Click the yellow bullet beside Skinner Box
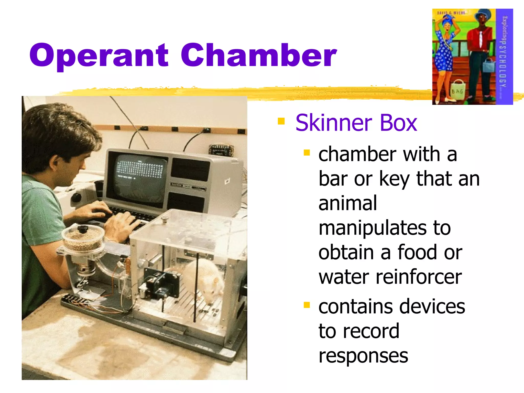coord(281,121)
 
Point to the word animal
coord(348,203)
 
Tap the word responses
coord(363,356)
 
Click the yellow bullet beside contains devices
coord(307,305)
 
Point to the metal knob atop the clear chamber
coord(165,219)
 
